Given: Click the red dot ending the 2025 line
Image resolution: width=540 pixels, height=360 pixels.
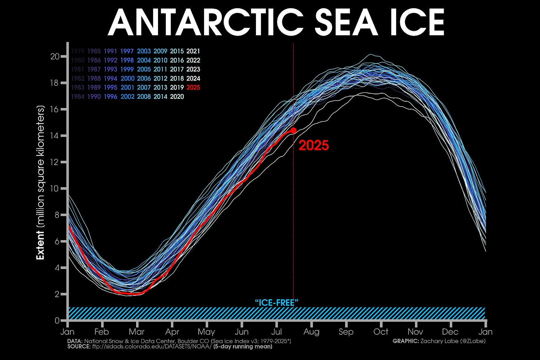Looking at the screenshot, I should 293,130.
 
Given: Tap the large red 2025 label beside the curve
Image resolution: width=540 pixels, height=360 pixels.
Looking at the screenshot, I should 314,145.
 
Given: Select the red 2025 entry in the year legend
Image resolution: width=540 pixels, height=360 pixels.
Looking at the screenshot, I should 193,88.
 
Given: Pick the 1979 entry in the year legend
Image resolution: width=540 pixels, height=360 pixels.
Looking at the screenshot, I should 77,51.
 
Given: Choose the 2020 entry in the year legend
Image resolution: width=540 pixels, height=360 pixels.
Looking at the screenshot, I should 177,96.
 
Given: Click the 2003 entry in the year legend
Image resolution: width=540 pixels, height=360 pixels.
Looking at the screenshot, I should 144,51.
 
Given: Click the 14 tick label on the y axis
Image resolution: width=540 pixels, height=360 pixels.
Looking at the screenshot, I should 55,136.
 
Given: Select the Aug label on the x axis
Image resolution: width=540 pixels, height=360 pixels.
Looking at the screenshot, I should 311,332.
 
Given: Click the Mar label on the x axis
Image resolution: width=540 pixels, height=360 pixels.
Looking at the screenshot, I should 136,332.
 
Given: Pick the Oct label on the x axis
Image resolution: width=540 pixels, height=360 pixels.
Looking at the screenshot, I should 381,332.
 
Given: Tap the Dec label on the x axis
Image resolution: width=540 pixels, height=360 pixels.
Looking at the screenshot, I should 450,332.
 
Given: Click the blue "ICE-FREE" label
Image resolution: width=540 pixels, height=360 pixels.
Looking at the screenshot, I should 277,303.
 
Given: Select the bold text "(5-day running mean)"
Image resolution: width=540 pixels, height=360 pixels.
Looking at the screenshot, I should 243,347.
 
